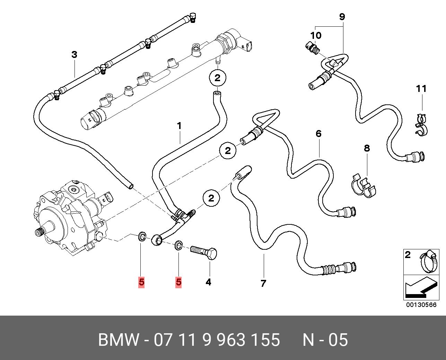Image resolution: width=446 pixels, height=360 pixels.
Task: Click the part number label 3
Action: (x=74, y=55)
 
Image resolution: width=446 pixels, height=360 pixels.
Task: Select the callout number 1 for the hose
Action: (x=180, y=126)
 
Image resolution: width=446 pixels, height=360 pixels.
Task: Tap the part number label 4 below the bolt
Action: (x=208, y=282)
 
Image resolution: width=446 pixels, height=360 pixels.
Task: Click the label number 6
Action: (x=318, y=134)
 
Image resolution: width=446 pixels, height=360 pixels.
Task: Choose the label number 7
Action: (x=263, y=283)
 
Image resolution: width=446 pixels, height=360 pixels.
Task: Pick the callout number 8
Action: (x=367, y=148)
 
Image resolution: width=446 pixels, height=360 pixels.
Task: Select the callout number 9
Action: (x=342, y=17)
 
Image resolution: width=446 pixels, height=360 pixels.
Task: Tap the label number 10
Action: (x=316, y=35)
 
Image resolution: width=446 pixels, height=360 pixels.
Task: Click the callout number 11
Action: (x=421, y=89)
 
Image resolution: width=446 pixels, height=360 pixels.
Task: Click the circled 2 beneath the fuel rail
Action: (x=217, y=78)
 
